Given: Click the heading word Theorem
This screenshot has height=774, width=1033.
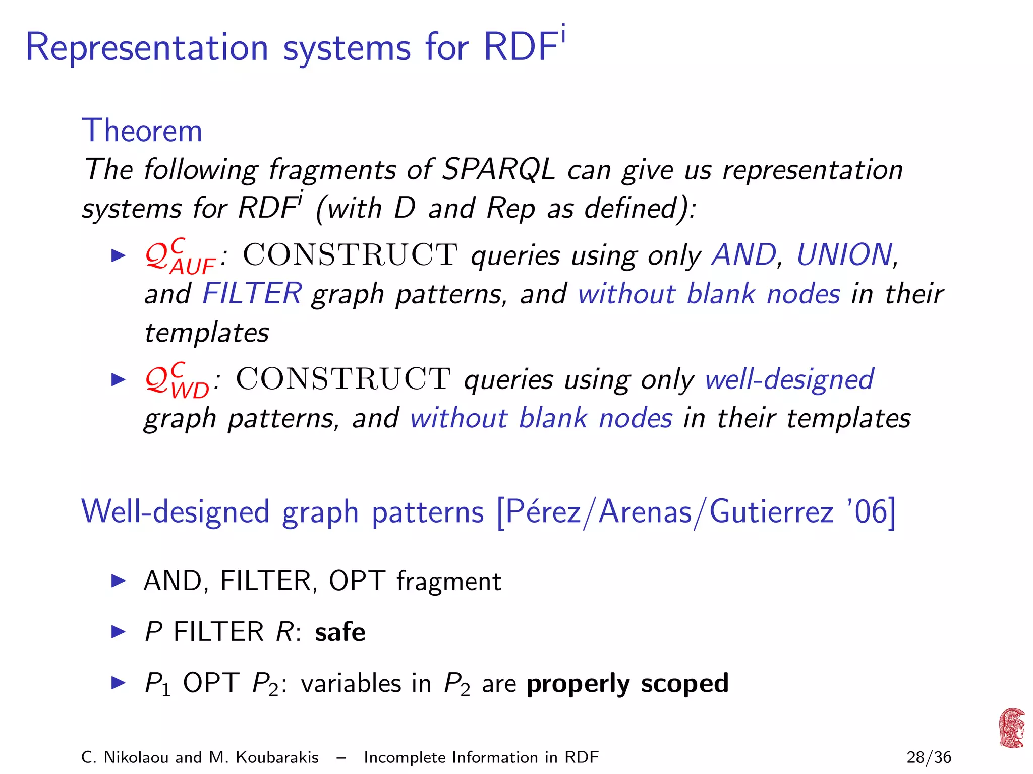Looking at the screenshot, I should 142,131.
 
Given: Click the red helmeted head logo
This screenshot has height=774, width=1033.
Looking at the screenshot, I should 1012,728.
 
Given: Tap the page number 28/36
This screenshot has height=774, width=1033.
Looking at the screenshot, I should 929,757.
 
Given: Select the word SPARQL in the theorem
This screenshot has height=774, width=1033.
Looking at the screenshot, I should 498,169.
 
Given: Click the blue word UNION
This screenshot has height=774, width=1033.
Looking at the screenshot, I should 844,255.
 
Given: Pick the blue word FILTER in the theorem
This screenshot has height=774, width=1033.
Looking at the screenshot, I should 252,294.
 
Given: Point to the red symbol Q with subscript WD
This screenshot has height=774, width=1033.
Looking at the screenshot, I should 176,381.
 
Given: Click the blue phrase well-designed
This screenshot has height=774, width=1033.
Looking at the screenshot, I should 789,379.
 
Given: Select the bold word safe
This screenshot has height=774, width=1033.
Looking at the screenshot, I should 340,632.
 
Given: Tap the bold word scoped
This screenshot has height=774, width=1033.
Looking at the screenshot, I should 684,684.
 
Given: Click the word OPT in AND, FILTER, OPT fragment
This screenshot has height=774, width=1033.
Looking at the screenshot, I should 357,581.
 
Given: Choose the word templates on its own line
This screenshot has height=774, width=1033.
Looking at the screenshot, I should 207,333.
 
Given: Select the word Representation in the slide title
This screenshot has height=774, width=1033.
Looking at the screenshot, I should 147,48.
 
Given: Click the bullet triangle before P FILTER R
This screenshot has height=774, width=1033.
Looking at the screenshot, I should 118,632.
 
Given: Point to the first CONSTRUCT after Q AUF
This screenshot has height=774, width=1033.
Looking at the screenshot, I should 350,255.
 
